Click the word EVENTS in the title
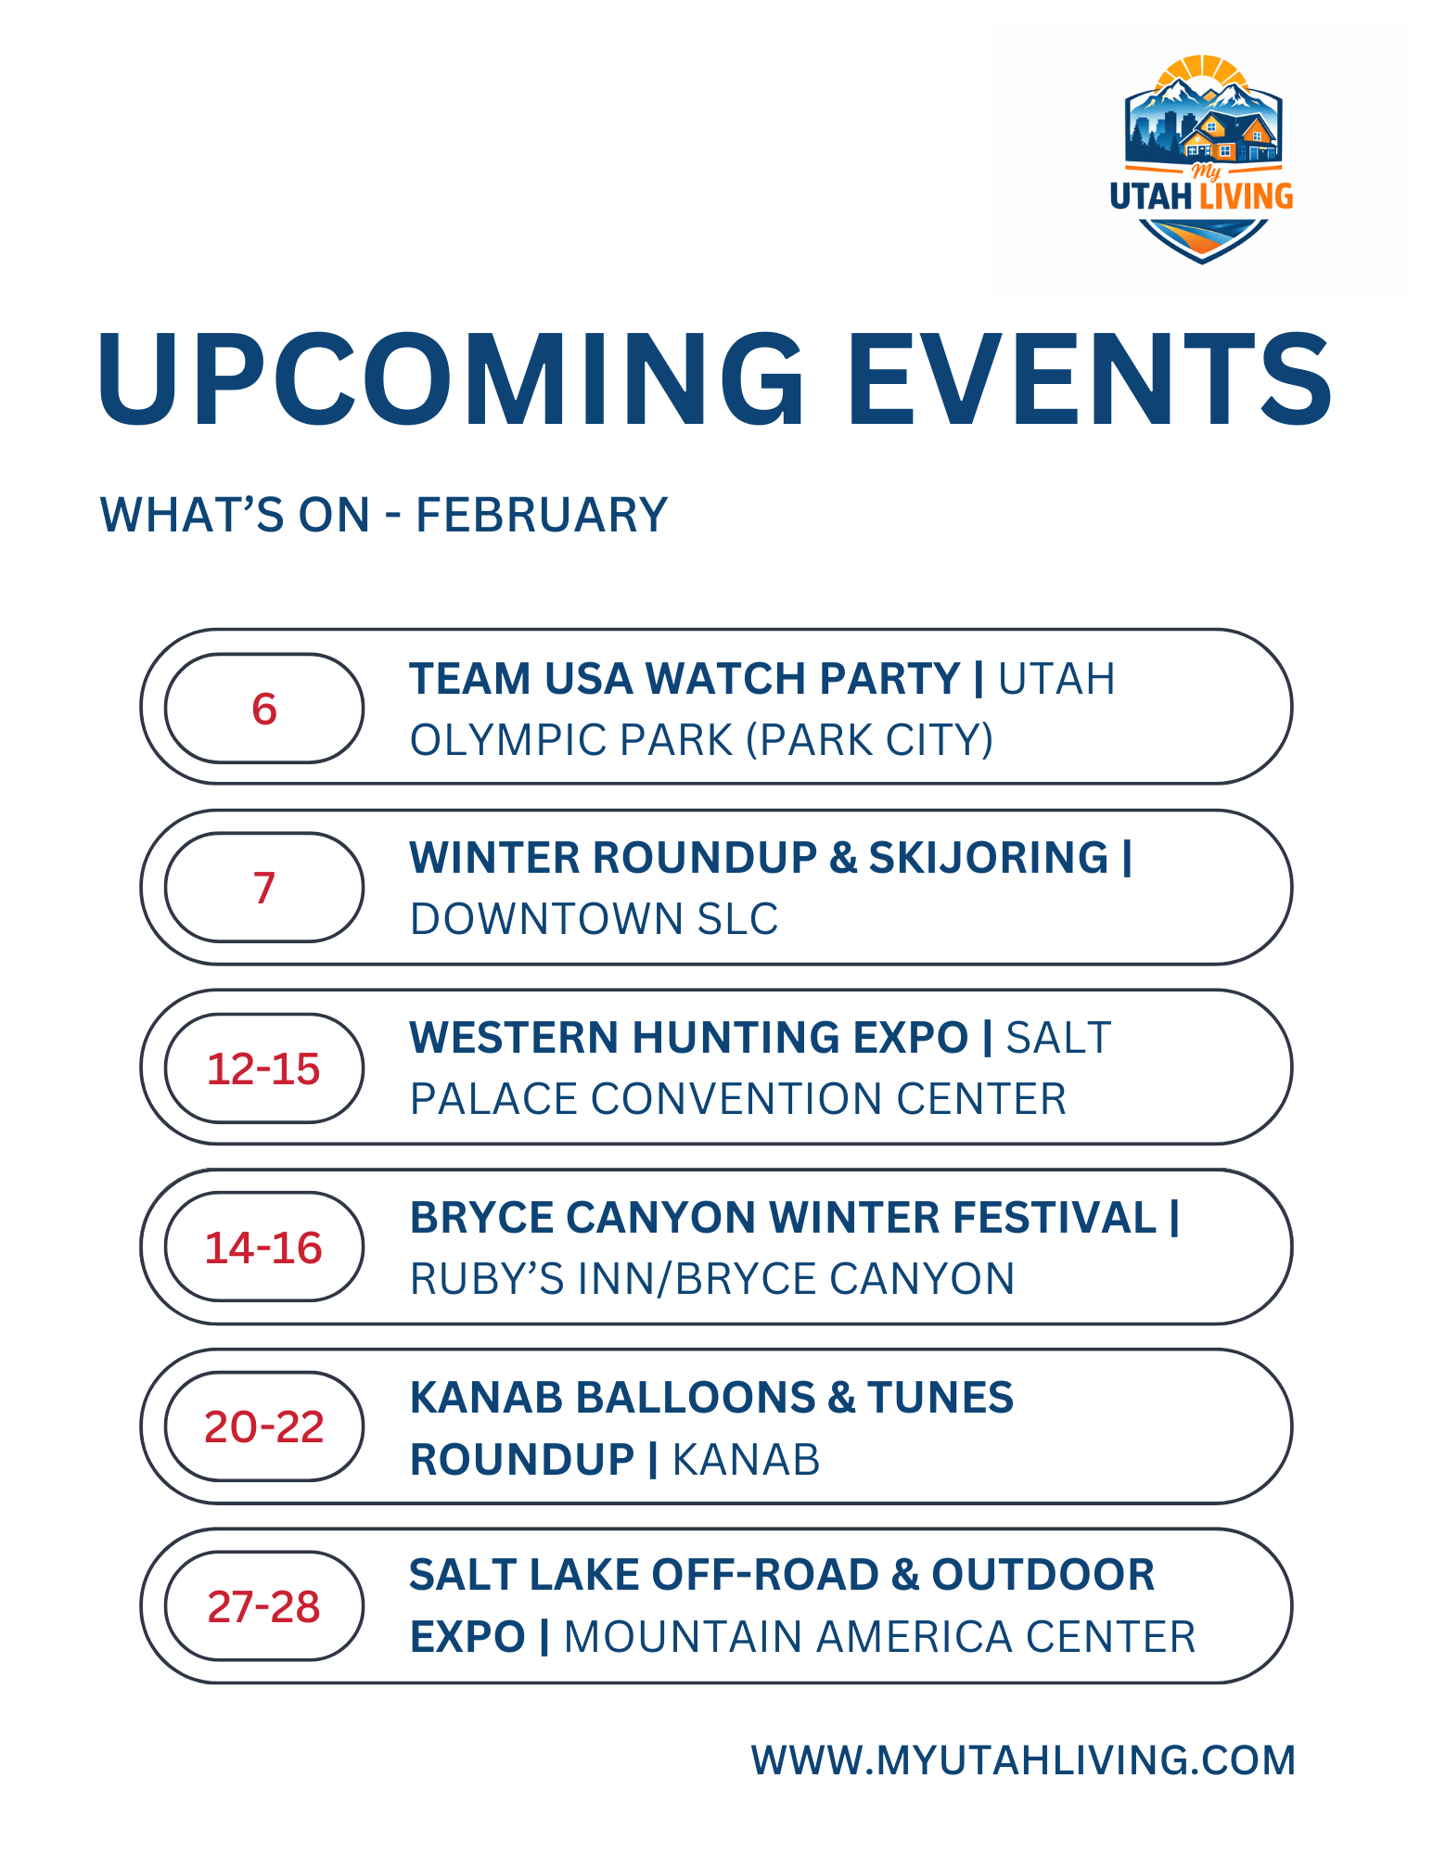click(1089, 380)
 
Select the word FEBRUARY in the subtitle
click(542, 515)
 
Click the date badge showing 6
click(264, 709)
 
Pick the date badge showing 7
click(264, 888)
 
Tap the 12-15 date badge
click(264, 1068)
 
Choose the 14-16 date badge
click(264, 1247)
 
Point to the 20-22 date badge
click(264, 1426)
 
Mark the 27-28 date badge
click(264, 1606)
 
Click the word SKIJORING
click(988, 858)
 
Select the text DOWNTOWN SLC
click(594, 919)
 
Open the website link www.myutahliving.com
click(1023, 1760)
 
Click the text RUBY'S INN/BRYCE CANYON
click(712, 1279)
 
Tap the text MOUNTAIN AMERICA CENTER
click(879, 1637)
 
